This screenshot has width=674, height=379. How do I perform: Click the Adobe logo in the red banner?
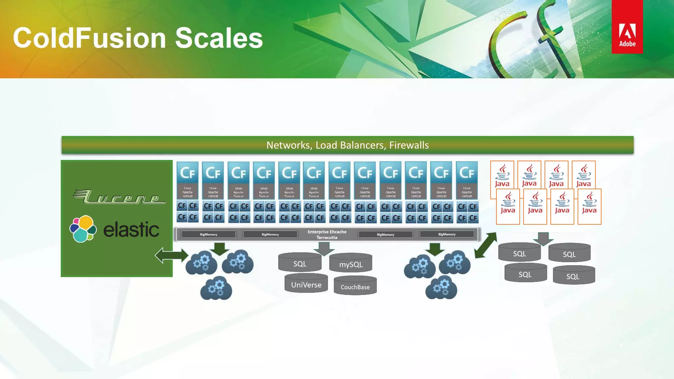pyautogui.click(x=627, y=35)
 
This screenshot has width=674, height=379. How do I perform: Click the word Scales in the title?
pyautogui.click(x=219, y=38)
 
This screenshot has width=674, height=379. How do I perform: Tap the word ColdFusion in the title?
pyautogui.click(x=90, y=38)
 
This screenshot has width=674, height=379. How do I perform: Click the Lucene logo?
pyautogui.click(x=119, y=196)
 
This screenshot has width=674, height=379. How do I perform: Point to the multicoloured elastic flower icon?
pyautogui.click(x=83, y=229)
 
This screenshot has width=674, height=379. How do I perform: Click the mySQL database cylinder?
pyautogui.click(x=351, y=263)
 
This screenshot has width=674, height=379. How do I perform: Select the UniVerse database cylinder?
pyautogui.click(x=306, y=284)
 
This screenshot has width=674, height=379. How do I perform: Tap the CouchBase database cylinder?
pyautogui.click(x=355, y=286)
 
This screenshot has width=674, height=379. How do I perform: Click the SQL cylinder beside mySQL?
pyautogui.click(x=300, y=263)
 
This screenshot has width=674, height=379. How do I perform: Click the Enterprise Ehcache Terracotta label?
pyautogui.click(x=327, y=235)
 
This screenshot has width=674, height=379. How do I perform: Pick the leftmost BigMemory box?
pyautogui.click(x=209, y=235)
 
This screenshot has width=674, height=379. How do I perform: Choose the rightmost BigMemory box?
pyautogui.click(x=447, y=234)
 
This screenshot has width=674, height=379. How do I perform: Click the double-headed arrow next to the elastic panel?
pyautogui.click(x=171, y=255)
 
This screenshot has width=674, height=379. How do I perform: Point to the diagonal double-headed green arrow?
pyautogui.click(x=485, y=245)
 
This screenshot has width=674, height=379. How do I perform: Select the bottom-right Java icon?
pyautogui.click(x=589, y=207)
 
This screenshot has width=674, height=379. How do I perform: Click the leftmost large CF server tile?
pyautogui.click(x=188, y=180)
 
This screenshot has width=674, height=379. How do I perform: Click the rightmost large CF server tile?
pyautogui.click(x=467, y=180)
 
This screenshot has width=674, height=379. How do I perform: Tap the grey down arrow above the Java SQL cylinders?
pyautogui.click(x=543, y=239)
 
